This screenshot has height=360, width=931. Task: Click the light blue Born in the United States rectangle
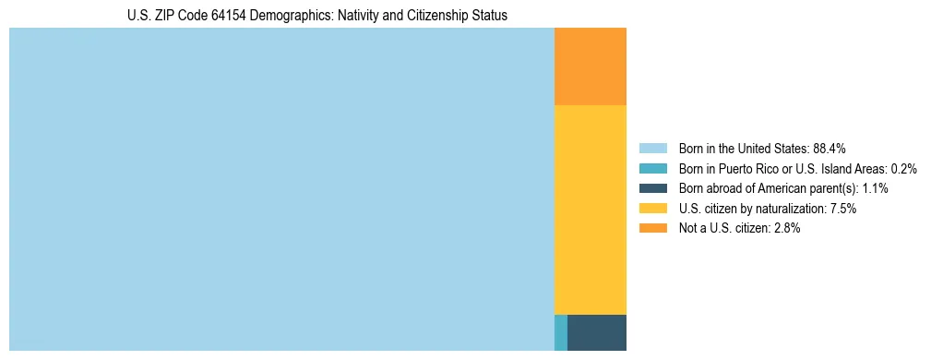coord(281,189)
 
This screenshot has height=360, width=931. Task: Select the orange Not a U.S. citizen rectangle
coord(590,66)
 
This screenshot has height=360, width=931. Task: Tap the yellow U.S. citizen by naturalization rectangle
coord(590,210)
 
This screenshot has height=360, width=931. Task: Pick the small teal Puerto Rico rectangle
coord(560,332)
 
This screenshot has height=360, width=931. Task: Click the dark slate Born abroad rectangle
coord(596,332)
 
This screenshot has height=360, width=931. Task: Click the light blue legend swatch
coord(652,148)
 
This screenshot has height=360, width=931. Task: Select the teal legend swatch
coord(652,168)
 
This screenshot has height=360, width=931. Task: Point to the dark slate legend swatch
coord(652,188)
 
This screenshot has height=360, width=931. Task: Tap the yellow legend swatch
coord(652,209)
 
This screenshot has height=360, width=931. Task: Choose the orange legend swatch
coord(652,228)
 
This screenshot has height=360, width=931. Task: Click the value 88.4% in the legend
coord(830,148)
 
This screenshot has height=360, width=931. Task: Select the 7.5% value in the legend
coord(843,209)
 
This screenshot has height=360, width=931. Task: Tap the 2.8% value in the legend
coord(786,228)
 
